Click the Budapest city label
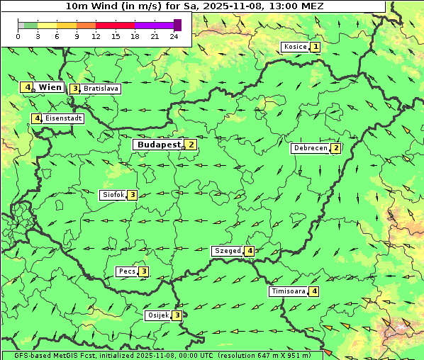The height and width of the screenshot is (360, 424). tap(159, 145)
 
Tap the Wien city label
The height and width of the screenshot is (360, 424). tap(50, 87)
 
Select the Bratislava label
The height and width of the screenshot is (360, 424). tap(100, 89)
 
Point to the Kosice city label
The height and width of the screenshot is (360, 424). tap(294, 47)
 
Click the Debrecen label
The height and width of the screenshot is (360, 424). tap(310, 149)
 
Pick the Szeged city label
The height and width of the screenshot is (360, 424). tap(227, 251)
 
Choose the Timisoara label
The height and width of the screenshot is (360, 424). tap(288, 291)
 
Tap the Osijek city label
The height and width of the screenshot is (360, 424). tap(157, 315)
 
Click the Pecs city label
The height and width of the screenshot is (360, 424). tap(127, 271)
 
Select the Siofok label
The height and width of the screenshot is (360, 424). tap(113, 195)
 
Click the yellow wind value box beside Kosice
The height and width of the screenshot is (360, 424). tap(316, 47)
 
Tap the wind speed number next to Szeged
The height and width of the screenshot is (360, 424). tap(250, 251)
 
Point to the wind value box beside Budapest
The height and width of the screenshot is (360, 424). tap(191, 145)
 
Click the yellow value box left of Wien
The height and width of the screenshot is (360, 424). tap(27, 87)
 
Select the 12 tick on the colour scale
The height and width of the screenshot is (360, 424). tap(96, 36)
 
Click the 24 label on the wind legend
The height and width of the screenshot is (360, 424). tap(174, 36)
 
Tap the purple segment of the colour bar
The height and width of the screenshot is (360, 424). tap(154, 25)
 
